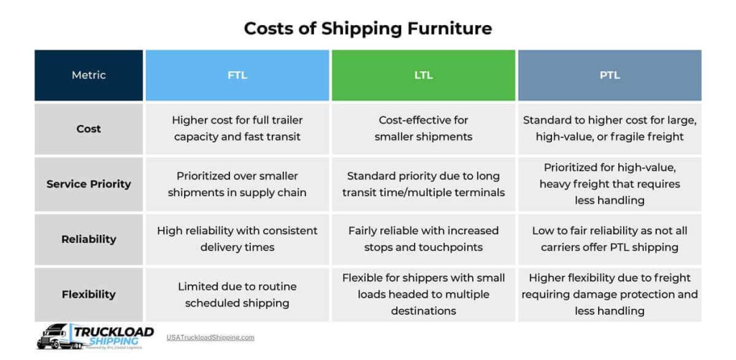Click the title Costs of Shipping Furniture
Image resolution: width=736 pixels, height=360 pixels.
(367, 29)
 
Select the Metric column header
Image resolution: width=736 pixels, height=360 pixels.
(88, 75)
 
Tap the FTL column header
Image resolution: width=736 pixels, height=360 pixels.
(237, 75)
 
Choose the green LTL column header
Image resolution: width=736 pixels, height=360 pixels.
(423, 75)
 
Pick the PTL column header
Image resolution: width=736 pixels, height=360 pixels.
(609, 75)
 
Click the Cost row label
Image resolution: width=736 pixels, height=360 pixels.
(88, 129)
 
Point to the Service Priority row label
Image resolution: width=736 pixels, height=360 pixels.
(88, 184)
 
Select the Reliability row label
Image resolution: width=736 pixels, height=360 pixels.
(88, 239)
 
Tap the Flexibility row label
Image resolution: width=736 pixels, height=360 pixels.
(88, 294)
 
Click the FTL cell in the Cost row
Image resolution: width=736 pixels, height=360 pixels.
(237, 129)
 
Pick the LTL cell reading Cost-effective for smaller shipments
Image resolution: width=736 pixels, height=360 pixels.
(423, 129)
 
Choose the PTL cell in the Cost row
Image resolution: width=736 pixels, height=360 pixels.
(609, 129)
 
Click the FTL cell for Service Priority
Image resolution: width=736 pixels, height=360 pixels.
(237, 184)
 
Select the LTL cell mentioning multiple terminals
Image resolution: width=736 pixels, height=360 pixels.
(423, 184)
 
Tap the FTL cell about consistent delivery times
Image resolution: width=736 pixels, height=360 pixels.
(237, 239)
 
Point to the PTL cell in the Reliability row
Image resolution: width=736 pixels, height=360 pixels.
(609, 239)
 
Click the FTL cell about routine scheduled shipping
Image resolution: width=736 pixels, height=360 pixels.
(237, 295)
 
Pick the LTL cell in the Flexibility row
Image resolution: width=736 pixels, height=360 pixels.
(423, 295)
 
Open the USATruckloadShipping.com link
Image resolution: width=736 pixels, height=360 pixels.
(210, 337)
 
